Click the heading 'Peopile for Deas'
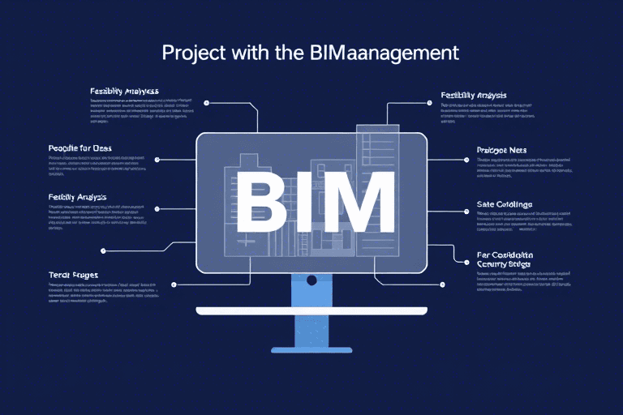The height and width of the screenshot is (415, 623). click(x=80, y=149)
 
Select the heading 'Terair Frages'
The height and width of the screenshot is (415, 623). click(x=74, y=276)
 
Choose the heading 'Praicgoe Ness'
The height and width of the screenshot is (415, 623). click(x=502, y=150)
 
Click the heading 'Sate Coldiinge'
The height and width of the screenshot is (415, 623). click(x=504, y=204)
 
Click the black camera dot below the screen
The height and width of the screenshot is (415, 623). click(x=311, y=280)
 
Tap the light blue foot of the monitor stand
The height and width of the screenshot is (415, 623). click(x=311, y=349)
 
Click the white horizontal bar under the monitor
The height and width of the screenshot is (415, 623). click(x=311, y=311)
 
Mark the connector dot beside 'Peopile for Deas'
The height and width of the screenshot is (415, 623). click(x=157, y=160)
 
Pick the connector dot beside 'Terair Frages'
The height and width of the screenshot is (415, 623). click(x=174, y=285)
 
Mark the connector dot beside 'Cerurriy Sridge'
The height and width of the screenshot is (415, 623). click(x=442, y=285)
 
